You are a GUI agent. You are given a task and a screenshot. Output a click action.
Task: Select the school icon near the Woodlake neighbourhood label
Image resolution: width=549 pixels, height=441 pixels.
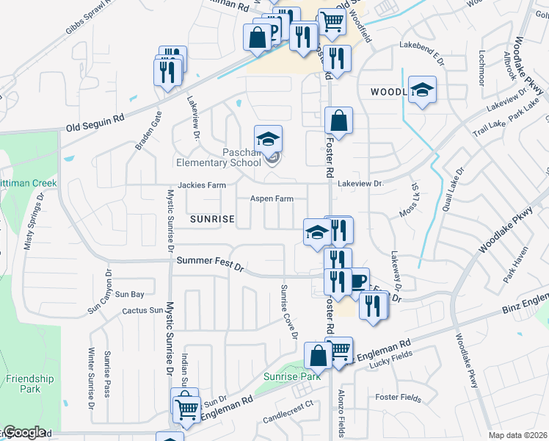(422, 90)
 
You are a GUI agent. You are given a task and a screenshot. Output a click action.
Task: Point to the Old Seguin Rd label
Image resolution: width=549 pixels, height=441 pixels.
(95, 118)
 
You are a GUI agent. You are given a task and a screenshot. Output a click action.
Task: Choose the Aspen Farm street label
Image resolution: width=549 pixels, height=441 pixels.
(272, 199)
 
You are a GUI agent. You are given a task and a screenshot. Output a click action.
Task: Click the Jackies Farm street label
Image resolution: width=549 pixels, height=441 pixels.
(201, 186)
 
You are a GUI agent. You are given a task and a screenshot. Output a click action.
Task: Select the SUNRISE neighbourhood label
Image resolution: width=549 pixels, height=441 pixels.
(212, 219)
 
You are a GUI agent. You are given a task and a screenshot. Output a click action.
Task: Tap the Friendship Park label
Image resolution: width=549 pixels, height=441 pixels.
(30, 384)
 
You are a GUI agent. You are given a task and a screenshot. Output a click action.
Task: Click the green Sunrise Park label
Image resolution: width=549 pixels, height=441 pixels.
(292, 376)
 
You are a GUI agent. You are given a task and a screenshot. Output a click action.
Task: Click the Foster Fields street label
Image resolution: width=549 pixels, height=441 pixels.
(398, 398)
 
